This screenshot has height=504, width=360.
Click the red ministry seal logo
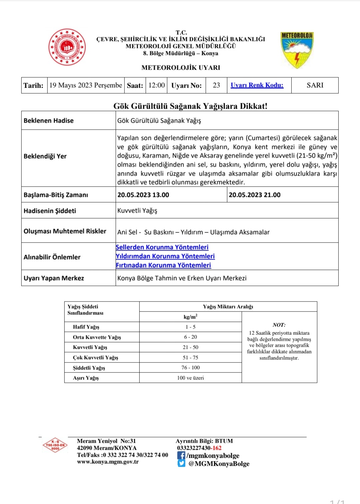(67, 47)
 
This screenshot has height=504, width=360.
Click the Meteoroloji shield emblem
(297, 50)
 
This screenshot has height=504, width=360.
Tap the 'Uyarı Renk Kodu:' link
(257, 85)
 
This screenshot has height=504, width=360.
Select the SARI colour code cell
(315, 85)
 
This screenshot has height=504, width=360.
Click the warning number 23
(216, 85)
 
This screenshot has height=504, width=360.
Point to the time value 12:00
(157, 85)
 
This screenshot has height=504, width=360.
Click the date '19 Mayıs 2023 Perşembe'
(86, 85)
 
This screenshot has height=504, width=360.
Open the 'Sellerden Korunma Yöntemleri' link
(162, 247)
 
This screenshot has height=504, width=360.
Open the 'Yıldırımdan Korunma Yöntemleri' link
(165, 256)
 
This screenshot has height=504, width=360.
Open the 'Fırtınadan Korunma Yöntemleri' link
(163, 265)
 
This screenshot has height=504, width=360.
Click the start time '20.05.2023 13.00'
(143, 195)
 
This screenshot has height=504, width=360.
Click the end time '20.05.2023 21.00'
(255, 195)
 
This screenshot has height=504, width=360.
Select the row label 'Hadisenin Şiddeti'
(50, 211)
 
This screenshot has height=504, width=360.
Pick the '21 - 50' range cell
(190, 347)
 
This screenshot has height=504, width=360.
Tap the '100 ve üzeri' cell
(190, 378)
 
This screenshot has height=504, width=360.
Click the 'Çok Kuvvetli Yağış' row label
(96, 357)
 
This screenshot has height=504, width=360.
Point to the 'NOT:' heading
(279, 325)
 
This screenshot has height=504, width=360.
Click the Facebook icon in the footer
(181, 455)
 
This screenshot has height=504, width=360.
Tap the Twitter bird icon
(181, 463)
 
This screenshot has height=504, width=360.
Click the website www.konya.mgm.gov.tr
(108, 462)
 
